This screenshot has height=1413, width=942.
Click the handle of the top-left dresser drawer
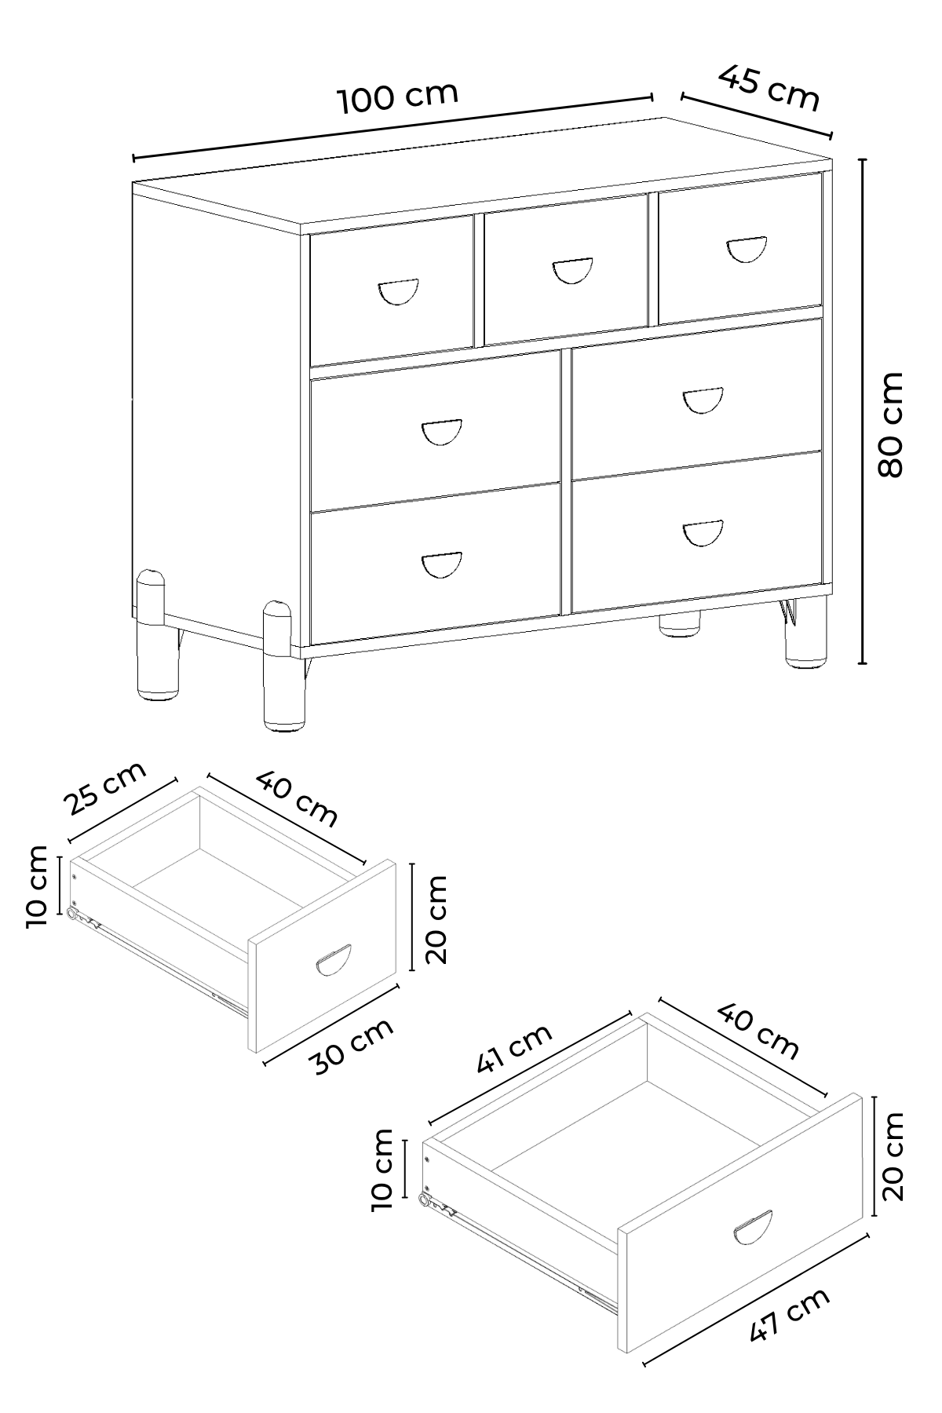coord(398,291)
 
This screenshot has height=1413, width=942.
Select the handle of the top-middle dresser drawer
coord(572,270)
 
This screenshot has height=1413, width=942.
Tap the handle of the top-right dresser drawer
coord(745,249)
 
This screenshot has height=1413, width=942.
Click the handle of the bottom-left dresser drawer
coord(442,565)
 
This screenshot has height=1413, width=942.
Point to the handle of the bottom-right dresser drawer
coord(703,533)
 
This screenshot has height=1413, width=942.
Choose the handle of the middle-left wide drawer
coord(442,433)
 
